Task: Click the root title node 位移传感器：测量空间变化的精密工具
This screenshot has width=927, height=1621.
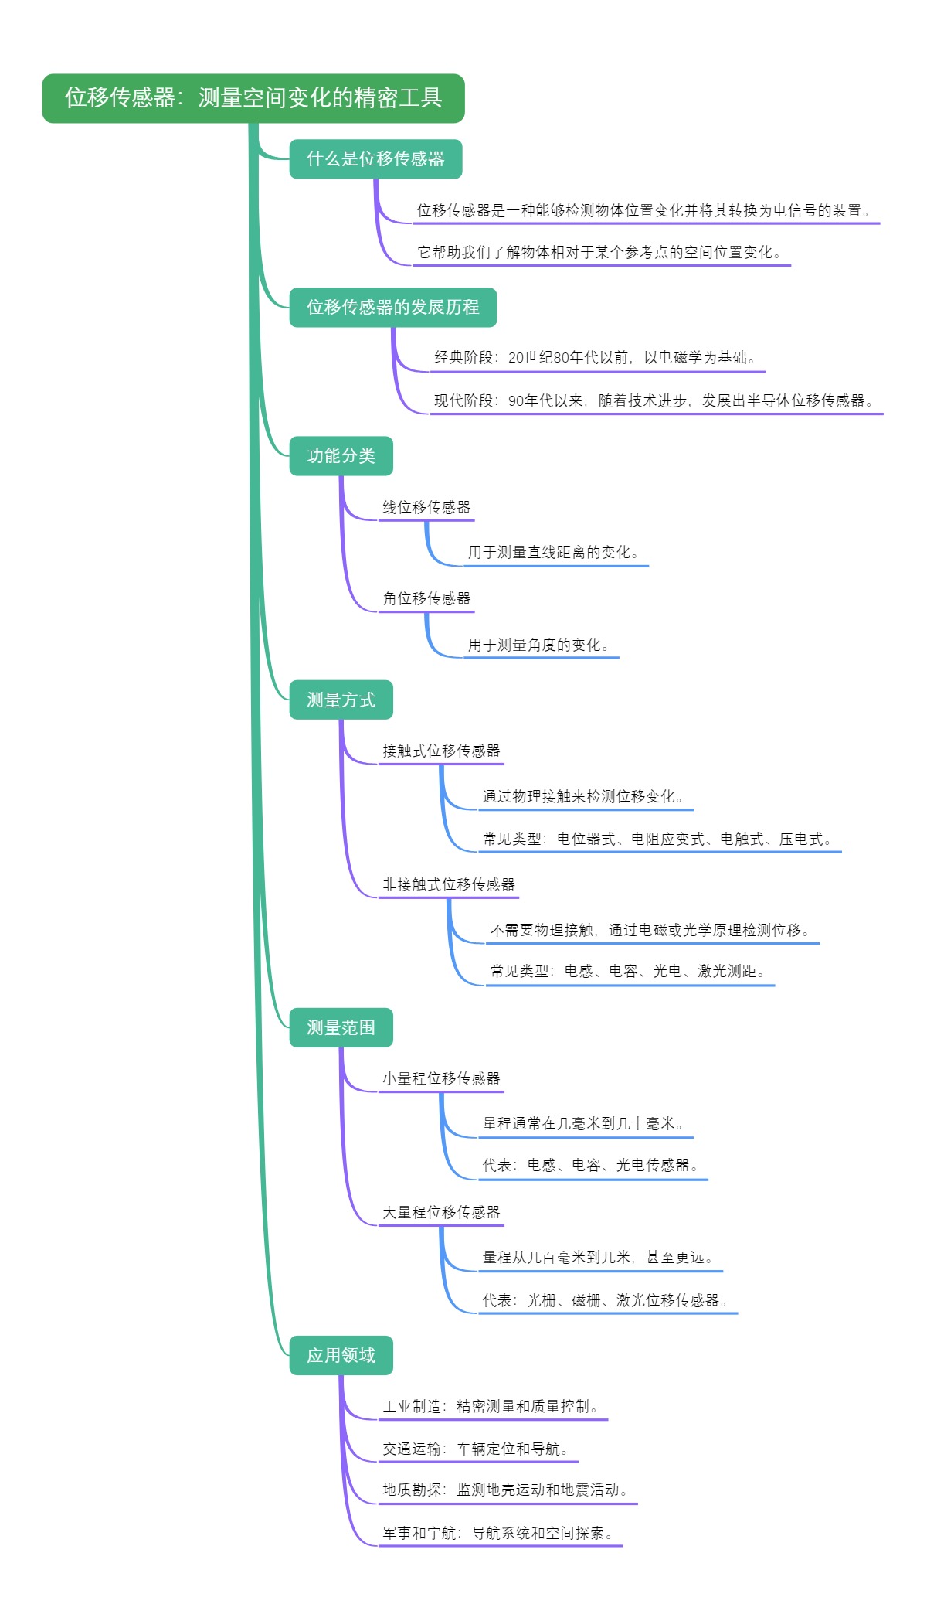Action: pyautogui.click(x=253, y=98)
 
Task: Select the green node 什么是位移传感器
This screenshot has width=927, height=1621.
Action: pyautogui.click(x=375, y=159)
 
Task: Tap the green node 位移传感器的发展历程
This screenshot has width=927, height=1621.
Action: pyautogui.click(x=392, y=308)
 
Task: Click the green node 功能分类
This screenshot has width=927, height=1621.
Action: pyautogui.click(x=341, y=456)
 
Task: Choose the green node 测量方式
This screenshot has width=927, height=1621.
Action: pyautogui.click(x=341, y=700)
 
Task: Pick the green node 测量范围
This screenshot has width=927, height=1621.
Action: pyautogui.click(x=341, y=1028)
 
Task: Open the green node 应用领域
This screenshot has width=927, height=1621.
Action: pyautogui.click(x=341, y=1356)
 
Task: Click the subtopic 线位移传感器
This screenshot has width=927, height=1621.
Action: pyautogui.click(x=426, y=508)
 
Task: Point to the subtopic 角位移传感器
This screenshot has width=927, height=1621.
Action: pyautogui.click(x=426, y=599)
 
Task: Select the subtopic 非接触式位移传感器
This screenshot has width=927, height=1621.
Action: pyautogui.click(x=449, y=885)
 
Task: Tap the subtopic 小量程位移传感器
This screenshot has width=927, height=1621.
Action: pyautogui.click(x=441, y=1079)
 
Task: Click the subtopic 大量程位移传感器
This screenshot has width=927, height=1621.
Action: pyautogui.click(x=441, y=1213)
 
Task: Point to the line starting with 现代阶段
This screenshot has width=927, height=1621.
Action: pyautogui.click(x=656, y=401)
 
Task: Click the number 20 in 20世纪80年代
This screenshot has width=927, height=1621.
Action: pyautogui.click(x=516, y=358)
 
